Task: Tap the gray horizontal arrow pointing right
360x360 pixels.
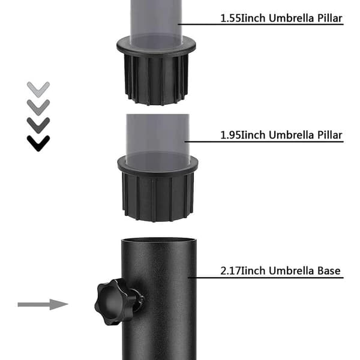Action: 43,304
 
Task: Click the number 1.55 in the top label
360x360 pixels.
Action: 230,19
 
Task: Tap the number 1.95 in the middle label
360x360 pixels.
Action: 230,135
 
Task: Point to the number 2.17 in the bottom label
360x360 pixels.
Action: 230,271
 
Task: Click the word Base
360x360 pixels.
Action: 329,271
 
